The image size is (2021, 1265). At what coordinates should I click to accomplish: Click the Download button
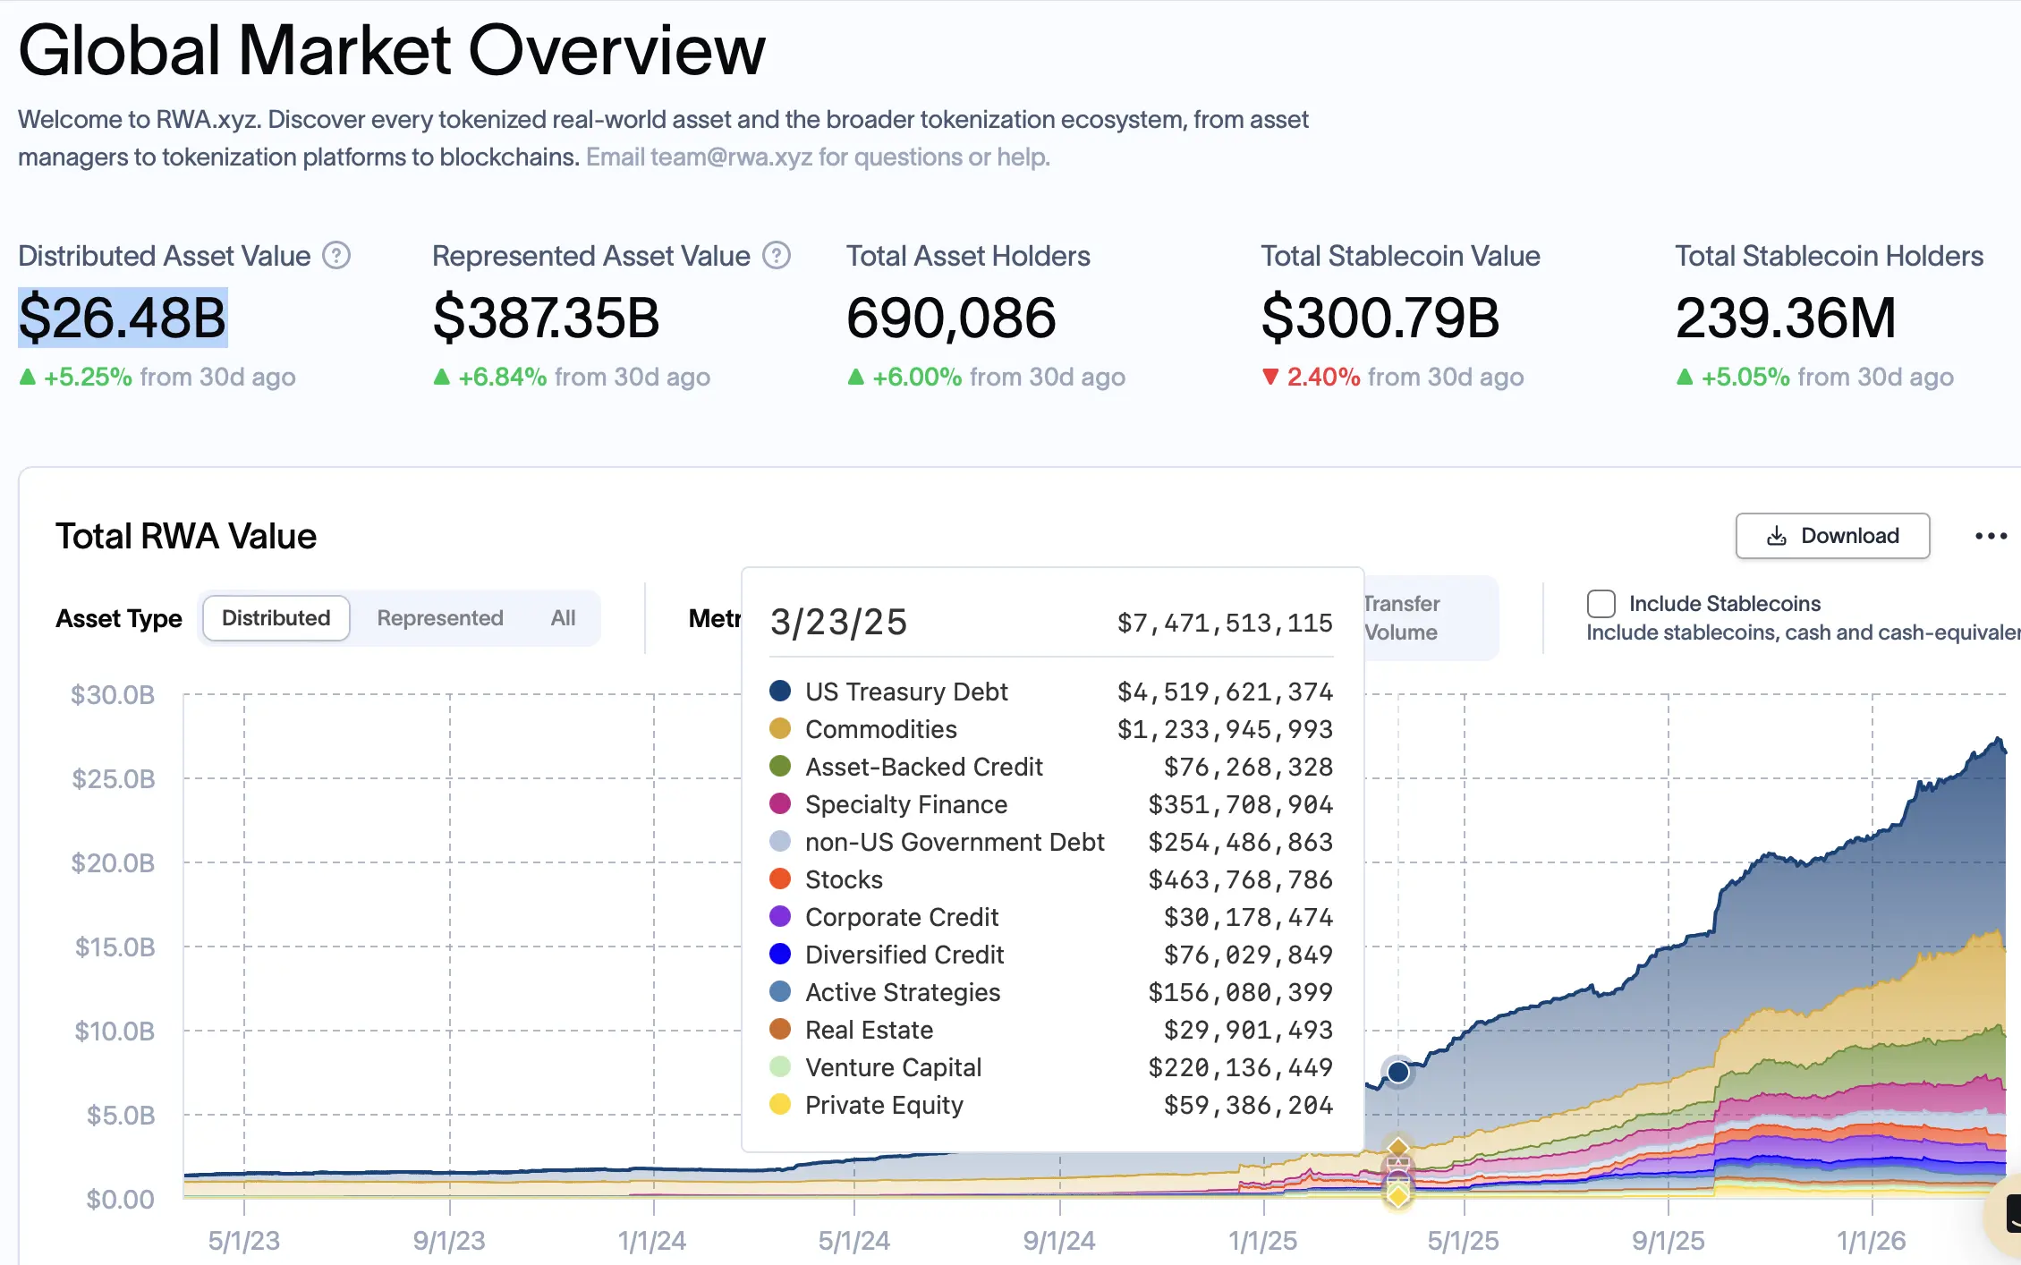1832,536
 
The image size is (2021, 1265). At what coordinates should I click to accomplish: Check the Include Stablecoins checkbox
1601,604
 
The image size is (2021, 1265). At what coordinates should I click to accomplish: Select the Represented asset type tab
439,618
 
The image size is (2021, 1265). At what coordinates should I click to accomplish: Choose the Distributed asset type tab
276,618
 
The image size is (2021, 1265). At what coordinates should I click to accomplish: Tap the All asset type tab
563,618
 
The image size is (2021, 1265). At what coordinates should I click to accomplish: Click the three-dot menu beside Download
1991,536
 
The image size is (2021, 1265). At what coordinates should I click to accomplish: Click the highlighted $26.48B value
123,318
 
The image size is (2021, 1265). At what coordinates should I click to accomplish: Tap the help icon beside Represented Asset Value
777,256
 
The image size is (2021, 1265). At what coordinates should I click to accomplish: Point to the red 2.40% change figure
1322,377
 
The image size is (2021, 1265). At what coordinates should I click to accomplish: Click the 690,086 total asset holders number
951,318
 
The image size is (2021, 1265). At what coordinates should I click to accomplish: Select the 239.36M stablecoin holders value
1785,318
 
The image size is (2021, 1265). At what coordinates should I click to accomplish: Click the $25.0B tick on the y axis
114,779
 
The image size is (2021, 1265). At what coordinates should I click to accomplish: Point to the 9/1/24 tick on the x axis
1059,1240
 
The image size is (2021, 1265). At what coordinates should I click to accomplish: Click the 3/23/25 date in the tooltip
838,622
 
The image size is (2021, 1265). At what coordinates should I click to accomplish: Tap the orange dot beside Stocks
780,879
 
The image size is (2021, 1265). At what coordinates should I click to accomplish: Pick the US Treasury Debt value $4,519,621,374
1225,692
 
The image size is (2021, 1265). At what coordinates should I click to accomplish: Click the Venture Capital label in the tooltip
893,1067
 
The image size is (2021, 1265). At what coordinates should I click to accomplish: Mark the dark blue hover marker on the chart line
1398,1072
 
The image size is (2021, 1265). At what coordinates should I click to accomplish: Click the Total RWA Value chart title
186,536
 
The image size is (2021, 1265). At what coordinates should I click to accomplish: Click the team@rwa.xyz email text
731,157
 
